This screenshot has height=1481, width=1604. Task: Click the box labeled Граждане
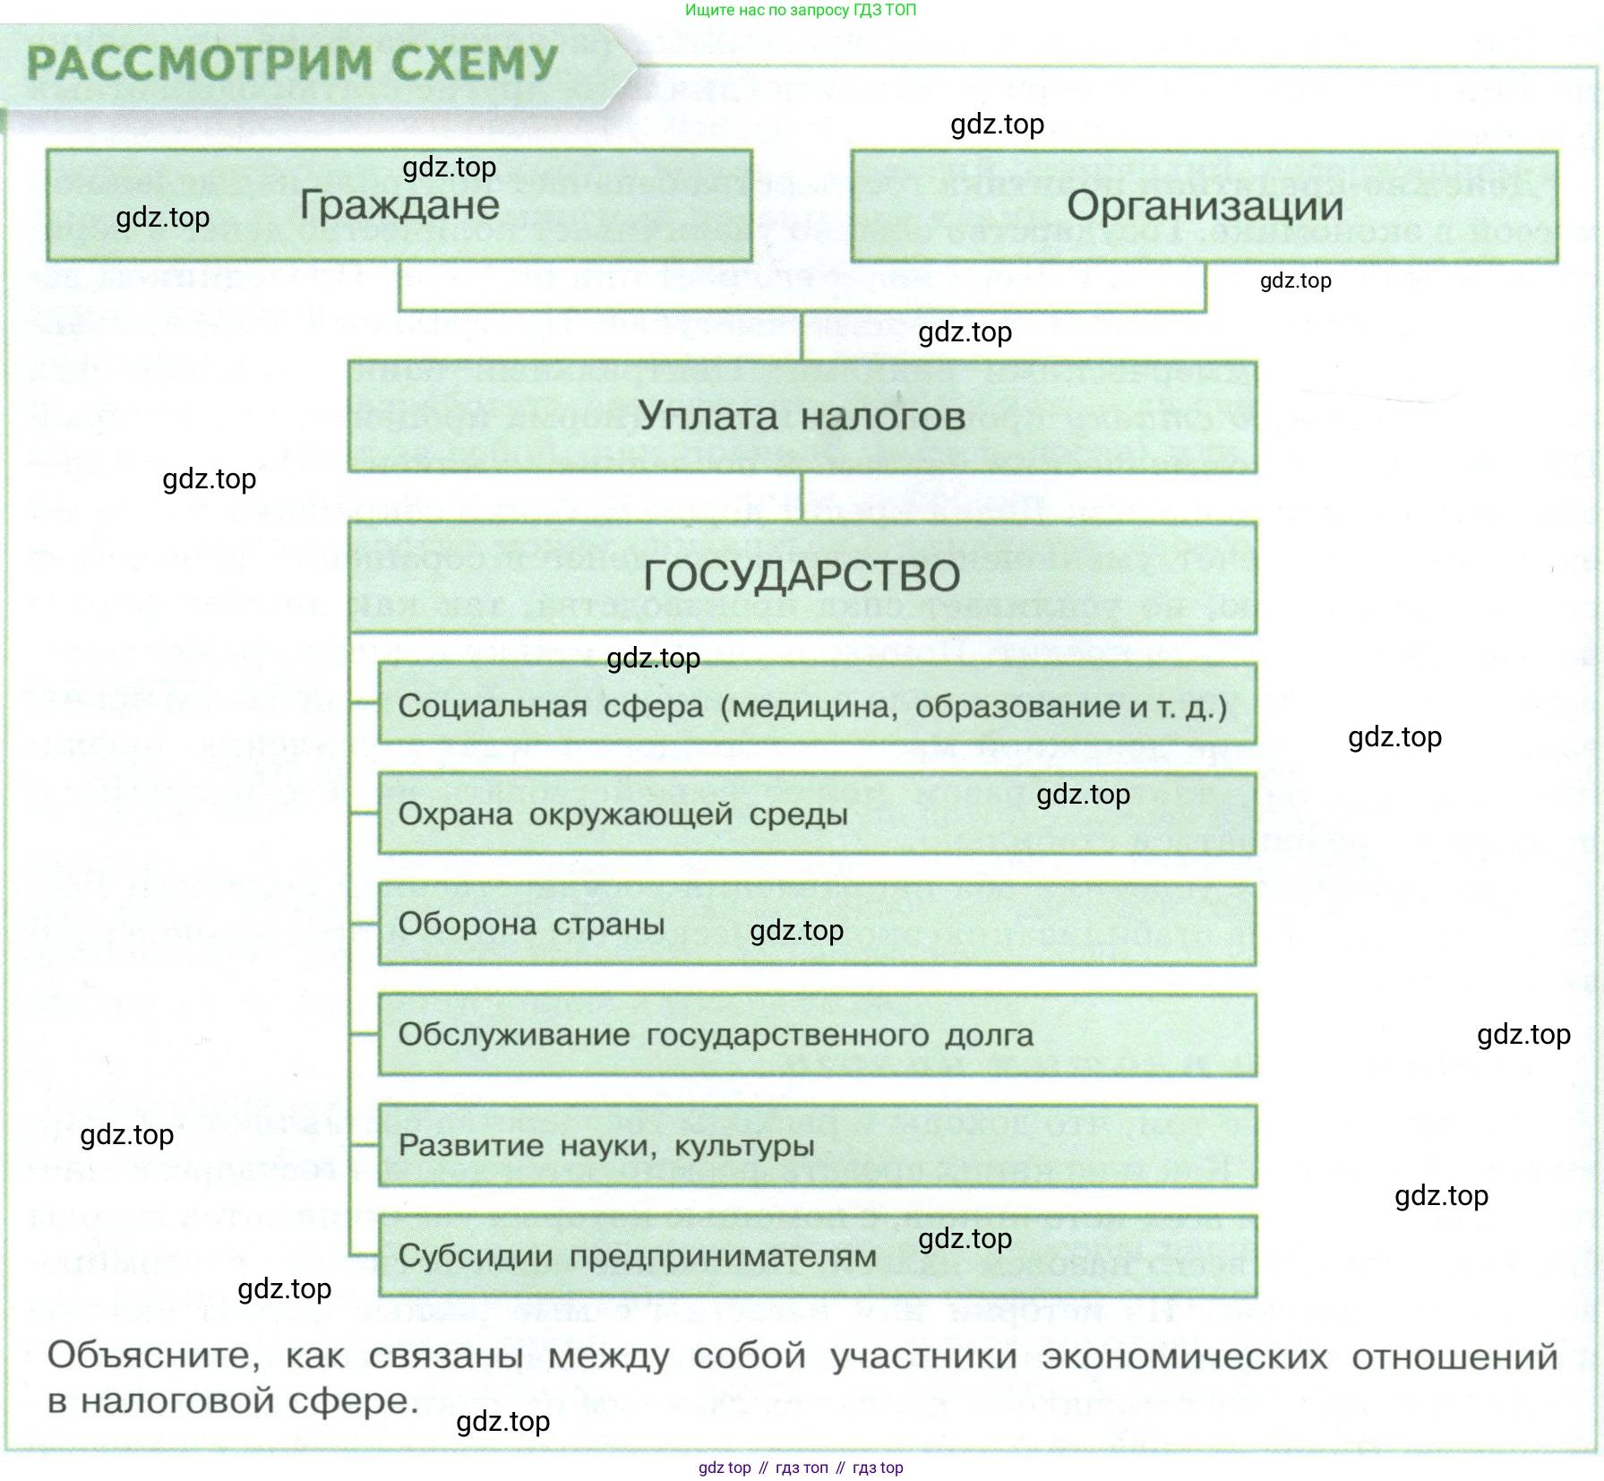[399, 205]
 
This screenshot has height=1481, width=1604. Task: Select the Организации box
[1205, 206]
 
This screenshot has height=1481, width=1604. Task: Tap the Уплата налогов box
[802, 417]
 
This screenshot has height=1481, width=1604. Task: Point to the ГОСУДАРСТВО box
[802, 576]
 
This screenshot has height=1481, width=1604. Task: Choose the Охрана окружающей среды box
[817, 814]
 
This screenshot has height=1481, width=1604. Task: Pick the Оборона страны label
[531, 924]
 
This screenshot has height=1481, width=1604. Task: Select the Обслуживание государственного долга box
[817, 1035]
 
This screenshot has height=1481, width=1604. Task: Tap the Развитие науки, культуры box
[817, 1145]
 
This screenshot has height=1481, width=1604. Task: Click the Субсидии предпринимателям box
[817, 1255]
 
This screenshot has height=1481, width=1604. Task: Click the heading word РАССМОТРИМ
[200, 64]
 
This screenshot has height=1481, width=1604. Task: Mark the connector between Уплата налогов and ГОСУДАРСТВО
[802, 496]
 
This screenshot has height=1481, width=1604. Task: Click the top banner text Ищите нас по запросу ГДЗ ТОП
[801, 11]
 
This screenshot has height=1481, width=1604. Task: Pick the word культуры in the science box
[744, 1146]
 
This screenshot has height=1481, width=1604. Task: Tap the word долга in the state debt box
[990, 1035]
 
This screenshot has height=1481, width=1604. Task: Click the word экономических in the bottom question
[1184, 1356]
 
